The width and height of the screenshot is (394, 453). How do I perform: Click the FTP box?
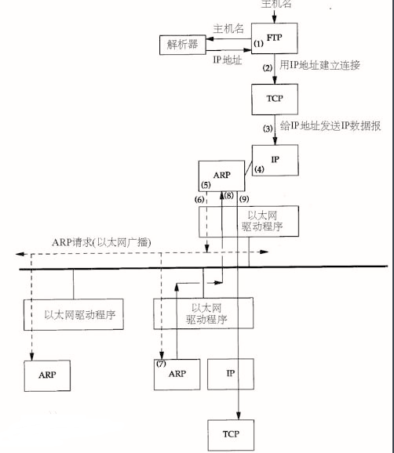274,38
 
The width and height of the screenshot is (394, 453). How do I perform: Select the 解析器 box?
183,45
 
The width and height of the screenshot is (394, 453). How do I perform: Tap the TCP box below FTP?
275,100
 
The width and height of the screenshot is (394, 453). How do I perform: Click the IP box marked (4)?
275,161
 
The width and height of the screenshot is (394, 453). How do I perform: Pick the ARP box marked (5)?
221,176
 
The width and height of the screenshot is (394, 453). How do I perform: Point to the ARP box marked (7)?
177,375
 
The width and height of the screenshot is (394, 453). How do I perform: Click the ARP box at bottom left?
47,376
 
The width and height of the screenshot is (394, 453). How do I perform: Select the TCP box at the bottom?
231,435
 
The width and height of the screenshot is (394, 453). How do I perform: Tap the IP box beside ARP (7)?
231,374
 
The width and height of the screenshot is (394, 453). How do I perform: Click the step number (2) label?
268,68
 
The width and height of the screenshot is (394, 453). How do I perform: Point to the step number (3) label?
268,129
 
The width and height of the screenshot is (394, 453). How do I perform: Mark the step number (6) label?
199,200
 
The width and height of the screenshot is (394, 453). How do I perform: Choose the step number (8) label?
228,196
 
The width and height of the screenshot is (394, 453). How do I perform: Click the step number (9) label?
244,199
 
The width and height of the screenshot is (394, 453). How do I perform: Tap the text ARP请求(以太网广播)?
101,242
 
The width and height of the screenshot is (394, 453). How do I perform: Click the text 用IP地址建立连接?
319,65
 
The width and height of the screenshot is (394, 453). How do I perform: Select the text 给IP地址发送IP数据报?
330,125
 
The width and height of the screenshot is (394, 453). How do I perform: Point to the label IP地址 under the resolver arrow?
228,60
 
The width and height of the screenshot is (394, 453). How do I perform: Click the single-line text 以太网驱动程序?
80,314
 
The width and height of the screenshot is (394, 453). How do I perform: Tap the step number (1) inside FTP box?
259,44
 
